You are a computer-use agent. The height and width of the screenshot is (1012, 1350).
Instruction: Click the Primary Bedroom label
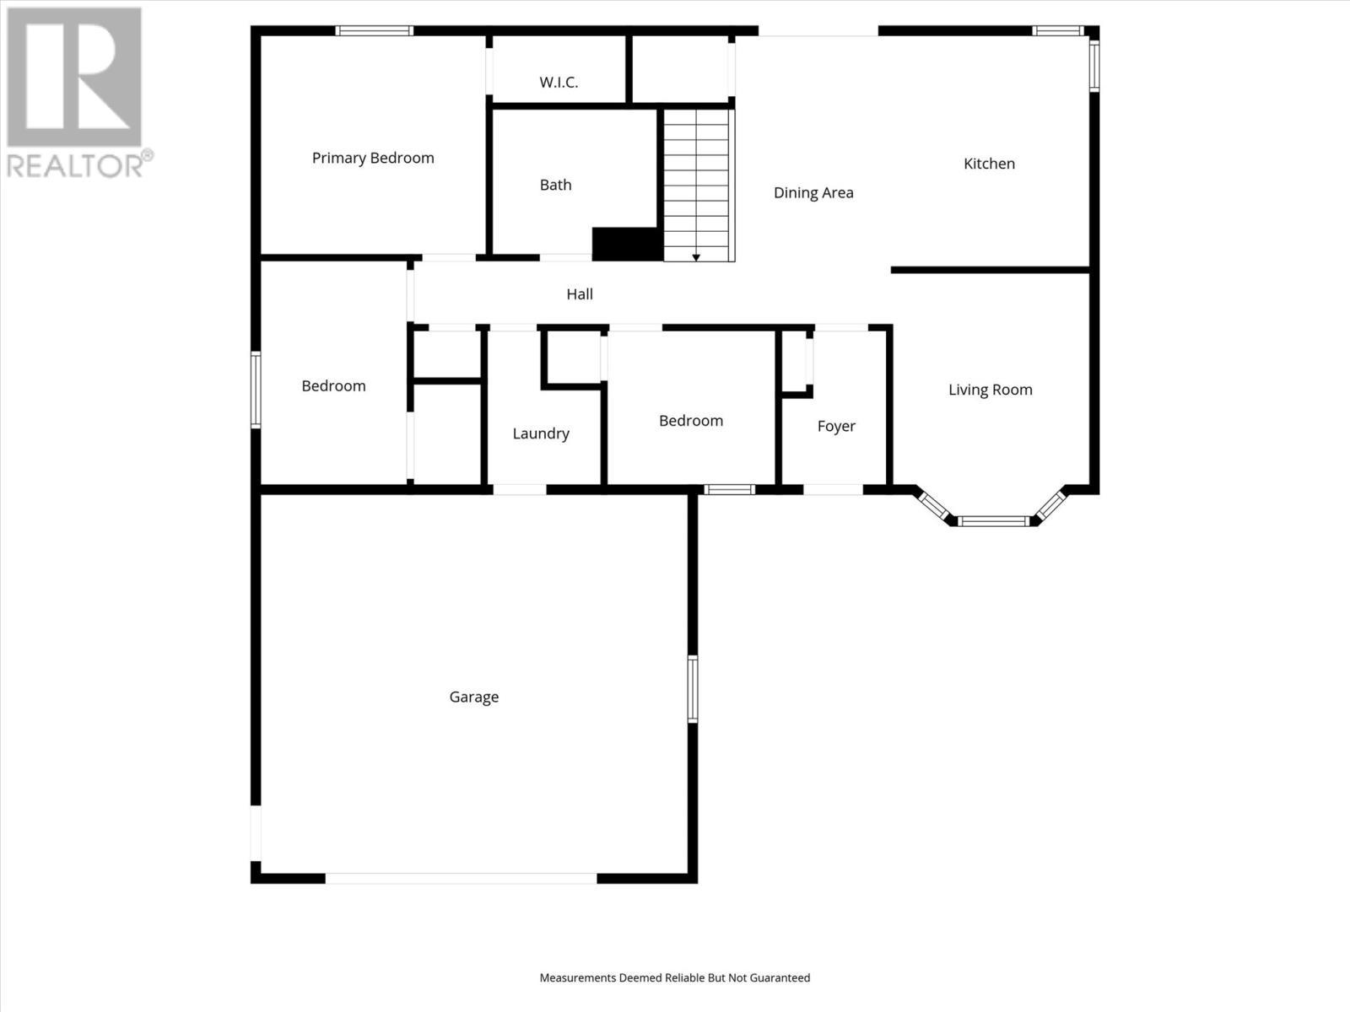click(373, 158)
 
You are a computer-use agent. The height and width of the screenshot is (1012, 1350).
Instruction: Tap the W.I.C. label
click(559, 82)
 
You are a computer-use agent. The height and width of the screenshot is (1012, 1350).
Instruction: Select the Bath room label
click(555, 185)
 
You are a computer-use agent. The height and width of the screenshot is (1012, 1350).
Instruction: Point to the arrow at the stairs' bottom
click(696, 256)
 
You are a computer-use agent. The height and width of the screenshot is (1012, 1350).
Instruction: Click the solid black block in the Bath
click(626, 244)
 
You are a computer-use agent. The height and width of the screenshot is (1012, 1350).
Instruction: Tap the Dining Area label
click(813, 192)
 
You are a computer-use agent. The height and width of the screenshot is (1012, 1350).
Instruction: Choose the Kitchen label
click(989, 164)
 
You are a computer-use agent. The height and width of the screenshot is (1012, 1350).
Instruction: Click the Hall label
click(580, 293)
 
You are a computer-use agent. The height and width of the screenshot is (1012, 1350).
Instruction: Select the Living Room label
click(990, 390)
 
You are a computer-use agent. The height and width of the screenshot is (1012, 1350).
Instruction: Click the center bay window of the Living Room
click(994, 521)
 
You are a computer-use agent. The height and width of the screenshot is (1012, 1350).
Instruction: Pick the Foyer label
click(836, 426)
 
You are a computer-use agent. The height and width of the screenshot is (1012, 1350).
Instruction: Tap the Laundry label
click(541, 433)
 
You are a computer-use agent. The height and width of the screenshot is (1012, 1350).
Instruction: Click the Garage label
click(473, 697)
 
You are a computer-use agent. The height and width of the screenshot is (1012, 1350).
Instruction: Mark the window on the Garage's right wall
click(693, 689)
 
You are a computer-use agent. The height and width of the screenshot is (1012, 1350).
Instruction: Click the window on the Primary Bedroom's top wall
click(374, 31)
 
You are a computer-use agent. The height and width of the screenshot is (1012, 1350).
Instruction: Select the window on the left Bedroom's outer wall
click(256, 390)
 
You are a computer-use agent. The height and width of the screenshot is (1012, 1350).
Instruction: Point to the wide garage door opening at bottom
click(461, 878)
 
